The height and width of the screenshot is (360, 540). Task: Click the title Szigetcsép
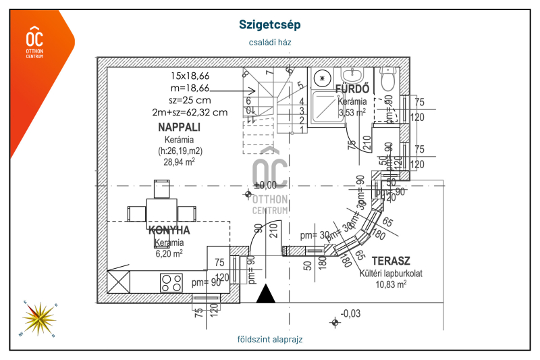[269, 24]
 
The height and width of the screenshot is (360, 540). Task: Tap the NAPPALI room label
[180, 127]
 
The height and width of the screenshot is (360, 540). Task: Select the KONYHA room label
[169, 230]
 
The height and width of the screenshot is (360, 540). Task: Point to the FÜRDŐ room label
[352, 88]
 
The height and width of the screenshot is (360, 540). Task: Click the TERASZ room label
[391, 261]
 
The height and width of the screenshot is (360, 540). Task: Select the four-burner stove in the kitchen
[171, 282]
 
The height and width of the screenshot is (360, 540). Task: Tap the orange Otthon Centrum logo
[34, 43]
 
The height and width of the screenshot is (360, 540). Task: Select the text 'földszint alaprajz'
[270, 339]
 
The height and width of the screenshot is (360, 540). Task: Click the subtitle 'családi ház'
[269, 42]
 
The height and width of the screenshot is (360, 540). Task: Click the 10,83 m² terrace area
[391, 284]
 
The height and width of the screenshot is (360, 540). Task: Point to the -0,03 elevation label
[351, 313]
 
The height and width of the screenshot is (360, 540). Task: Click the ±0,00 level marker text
[265, 184]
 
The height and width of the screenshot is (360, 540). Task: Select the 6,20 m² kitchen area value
[169, 254]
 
